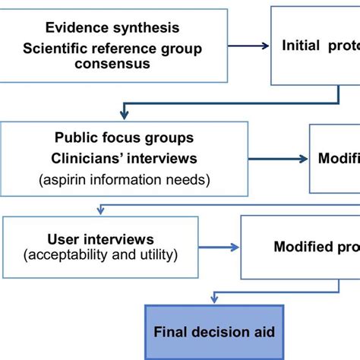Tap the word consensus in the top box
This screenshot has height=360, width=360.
112,63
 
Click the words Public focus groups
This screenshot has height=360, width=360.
112,138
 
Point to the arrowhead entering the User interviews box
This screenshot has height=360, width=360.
99,210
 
